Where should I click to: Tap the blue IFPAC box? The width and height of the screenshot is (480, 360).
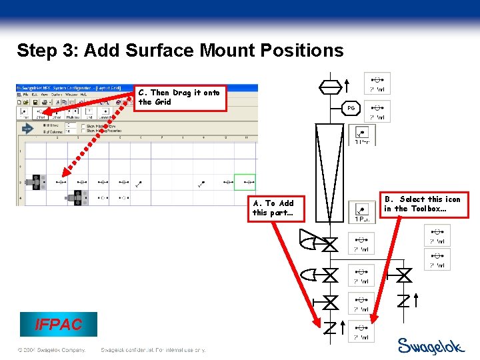[59, 325]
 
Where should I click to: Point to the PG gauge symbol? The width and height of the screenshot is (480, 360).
[351, 108]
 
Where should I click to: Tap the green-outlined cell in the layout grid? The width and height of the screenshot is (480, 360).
[245, 181]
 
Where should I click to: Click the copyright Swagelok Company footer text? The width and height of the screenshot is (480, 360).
[52, 350]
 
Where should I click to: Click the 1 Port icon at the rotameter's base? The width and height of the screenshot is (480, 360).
[362, 212]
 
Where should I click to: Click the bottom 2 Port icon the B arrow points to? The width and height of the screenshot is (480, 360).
[361, 331]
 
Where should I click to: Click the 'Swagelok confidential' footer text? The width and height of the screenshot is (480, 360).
[152, 350]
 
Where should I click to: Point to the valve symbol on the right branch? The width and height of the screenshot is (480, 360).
[403, 274]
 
